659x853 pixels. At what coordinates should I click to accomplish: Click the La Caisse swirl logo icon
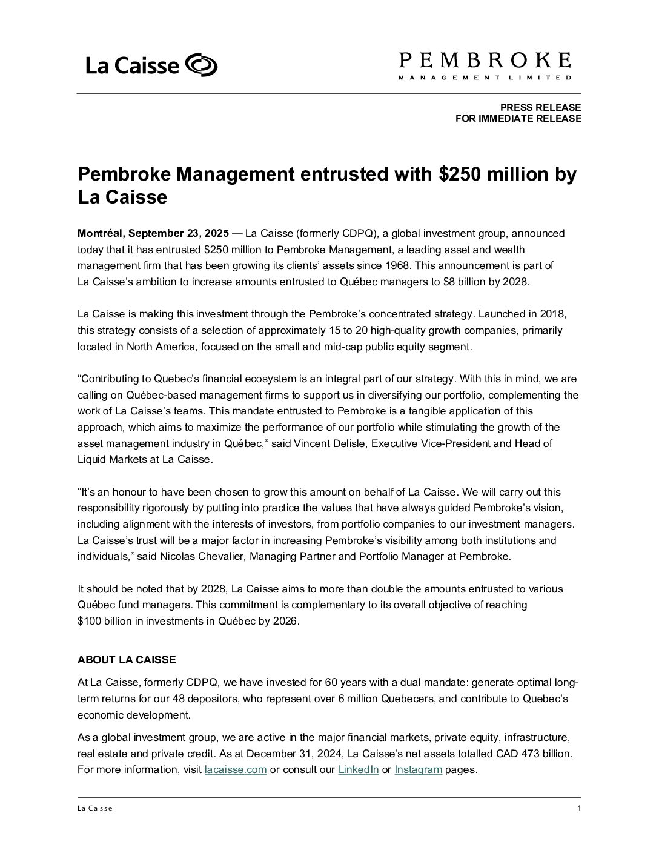tap(200, 65)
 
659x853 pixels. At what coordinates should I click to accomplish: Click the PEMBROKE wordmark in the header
tap(485, 60)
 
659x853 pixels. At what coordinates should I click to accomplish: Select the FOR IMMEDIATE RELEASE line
tap(518, 118)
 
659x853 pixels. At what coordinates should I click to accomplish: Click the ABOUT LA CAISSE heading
tap(127, 660)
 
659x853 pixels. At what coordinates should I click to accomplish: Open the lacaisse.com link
tap(236, 770)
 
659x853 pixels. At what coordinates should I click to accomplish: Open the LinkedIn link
tap(358, 770)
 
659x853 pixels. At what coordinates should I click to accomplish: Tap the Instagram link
tap(418, 770)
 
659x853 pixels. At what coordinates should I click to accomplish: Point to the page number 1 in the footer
tap(579, 808)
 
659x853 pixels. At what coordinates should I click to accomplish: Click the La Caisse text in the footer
tap(95, 809)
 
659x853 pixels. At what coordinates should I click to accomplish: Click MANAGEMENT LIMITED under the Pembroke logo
tap(485, 78)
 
